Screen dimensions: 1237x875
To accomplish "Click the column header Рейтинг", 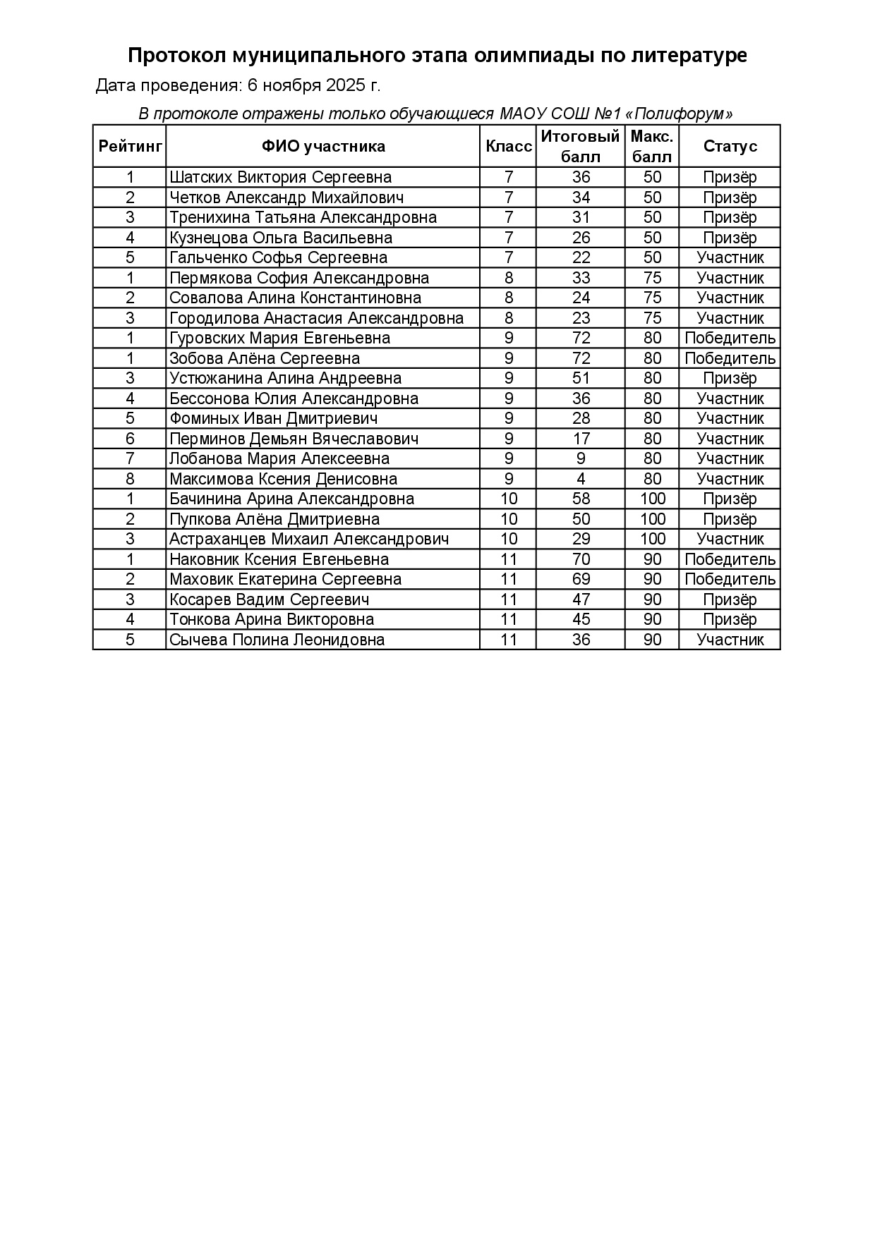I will pyautogui.click(x=130, y=146).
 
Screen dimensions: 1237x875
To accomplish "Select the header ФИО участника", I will pyautogui.click(x=323, y=146).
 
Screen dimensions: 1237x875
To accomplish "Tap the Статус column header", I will pyautogui.click(x=730, y=146).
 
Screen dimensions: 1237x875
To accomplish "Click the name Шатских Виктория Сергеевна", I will pyautogui.click(x=280, y=177).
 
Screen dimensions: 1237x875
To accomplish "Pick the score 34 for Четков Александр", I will pyautogui.click(x=581, y=197).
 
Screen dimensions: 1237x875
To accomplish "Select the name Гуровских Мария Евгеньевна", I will pyautogui.click(x=279, y=338).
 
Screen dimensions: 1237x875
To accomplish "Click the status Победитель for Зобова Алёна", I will pyautogui.click(x=730, y=358).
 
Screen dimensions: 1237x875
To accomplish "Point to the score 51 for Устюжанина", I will pyautogui.click(x=581, y=378).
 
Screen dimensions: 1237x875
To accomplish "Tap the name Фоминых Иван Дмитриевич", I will pyautogui.click(x=273, y=418).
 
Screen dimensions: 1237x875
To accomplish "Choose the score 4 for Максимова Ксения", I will pyautogui.click(x=581, y=479).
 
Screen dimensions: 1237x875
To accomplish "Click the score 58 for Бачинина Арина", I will pyautogui.click(x=581, y=499).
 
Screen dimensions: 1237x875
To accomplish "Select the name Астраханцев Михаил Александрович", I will pyautogui.click(x=309, y=539).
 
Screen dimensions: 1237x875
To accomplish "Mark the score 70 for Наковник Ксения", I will pyautogui.click(x=581, y=559).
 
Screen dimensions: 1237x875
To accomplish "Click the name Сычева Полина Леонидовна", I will pyautogui.click(x=277, y=640).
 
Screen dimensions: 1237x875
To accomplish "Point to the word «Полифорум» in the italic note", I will pyautogui.click(x=679, y=114).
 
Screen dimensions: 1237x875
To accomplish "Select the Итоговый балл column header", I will pyautogui.click(x=580, y=146).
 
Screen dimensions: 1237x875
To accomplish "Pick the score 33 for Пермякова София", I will pyautogui.click(x=581, y=278).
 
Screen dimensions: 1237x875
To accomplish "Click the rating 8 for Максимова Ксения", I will pyautogui.click(x=130, y=479).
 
